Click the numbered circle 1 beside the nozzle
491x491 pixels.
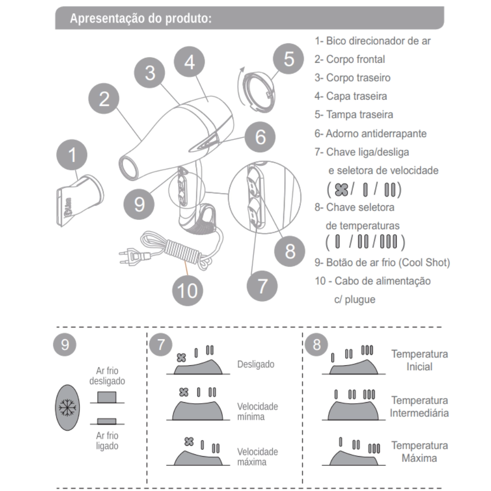[72, 155]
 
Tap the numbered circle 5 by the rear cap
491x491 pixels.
[288, 59]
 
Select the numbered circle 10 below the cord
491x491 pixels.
[188, 291]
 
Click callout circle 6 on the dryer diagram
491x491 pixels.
[260, 137]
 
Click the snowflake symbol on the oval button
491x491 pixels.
[67, 408]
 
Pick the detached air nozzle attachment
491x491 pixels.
[80, 200]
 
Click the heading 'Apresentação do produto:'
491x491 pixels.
[140, 18]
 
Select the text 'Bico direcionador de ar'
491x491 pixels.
[378, 41]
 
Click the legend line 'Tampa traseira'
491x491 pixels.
[359, 114]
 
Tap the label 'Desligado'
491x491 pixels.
[255, 364]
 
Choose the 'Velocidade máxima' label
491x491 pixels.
[257, 457]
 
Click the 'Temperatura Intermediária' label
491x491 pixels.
[419, 407]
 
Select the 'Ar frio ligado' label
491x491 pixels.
[107, 440]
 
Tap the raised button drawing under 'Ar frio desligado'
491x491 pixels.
[107, 397]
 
